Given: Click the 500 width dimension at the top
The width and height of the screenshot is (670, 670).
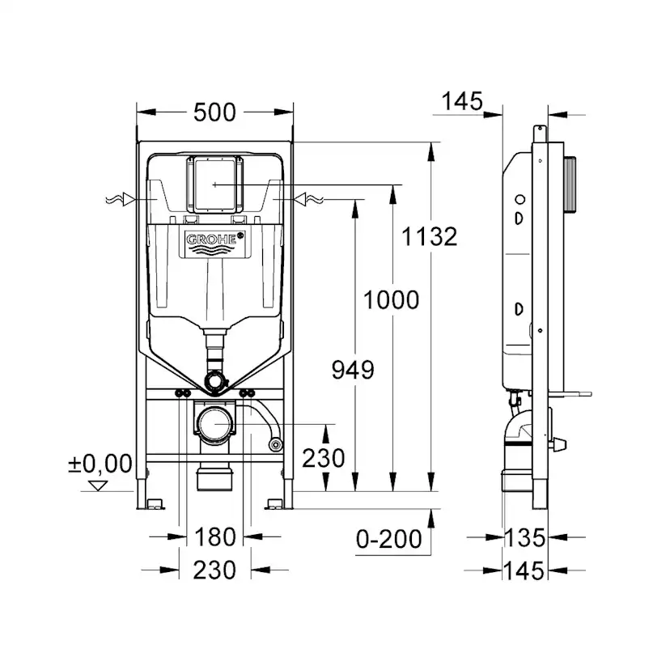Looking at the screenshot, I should (214, 112).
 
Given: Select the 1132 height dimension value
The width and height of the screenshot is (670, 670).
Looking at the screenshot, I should (430, 236).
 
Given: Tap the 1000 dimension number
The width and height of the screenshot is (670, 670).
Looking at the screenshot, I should (391, 300).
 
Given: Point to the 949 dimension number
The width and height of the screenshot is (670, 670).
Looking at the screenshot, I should (353, 371).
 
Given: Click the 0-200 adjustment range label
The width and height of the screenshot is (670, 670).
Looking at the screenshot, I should (389, 538).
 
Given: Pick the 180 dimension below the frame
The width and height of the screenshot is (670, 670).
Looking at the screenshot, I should (214, 536).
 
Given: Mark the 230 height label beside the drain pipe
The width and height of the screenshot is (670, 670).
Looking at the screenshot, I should (324, 459).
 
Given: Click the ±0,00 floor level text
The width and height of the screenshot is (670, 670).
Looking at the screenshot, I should (100, 464).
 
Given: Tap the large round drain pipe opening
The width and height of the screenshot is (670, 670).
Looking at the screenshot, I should (214, 423).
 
